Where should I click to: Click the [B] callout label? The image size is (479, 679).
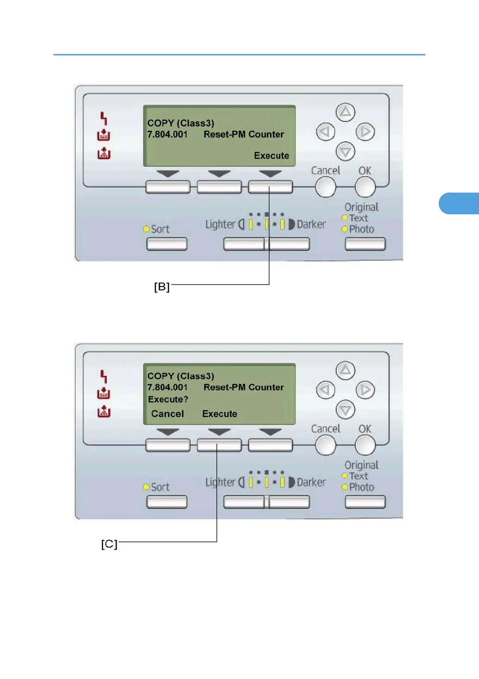[162, 287]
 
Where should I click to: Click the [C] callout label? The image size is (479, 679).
[109, 544]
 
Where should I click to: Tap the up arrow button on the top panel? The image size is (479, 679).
[345, 112]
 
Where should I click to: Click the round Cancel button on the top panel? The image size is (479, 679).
[325, 187]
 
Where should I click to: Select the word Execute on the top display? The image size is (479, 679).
[271, 156]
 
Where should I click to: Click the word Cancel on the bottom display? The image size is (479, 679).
[167, 414]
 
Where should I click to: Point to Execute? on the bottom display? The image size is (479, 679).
[168, 399]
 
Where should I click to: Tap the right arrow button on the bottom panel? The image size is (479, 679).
[365, 390]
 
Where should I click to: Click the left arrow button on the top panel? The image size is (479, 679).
[325, 132]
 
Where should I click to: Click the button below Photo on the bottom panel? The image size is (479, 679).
[365, 502]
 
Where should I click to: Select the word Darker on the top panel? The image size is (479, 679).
[311, 224]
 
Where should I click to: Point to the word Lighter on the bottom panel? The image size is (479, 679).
[220, 482]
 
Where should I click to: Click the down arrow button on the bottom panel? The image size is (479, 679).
[345, 410]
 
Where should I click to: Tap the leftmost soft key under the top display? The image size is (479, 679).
[168, 187]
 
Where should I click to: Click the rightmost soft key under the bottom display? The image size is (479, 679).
[270, 445]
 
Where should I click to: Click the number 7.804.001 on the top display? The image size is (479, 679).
[167, 134]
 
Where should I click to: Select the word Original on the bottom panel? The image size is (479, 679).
[362, 465]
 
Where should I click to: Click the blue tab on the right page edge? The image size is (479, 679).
[459, 203]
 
